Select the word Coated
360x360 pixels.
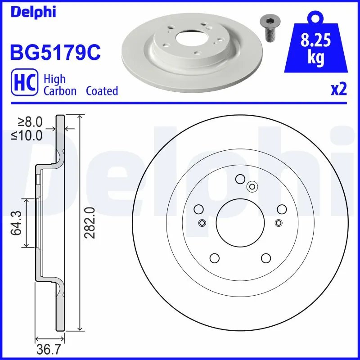click(x=102, y=91)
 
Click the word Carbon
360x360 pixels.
click(x=60, y=91)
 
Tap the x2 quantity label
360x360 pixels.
click(x=338, y=90)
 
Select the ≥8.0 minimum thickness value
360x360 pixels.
click(x=30, y=121)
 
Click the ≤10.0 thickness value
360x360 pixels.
click(x=27, y=135)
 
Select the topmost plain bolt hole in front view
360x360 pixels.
click(x=240, y=179)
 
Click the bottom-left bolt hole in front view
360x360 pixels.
click(x=214, y=258)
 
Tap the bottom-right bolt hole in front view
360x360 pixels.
click(x=265, y=258)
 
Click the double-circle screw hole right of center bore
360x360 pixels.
click(x=279, y=222)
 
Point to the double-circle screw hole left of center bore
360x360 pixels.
click(x=202, y=222)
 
